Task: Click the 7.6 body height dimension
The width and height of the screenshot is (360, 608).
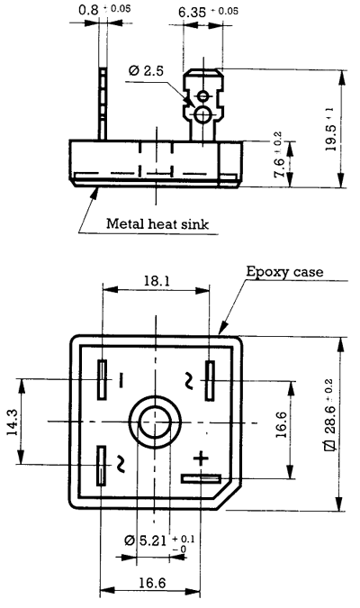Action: (280, 162)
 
